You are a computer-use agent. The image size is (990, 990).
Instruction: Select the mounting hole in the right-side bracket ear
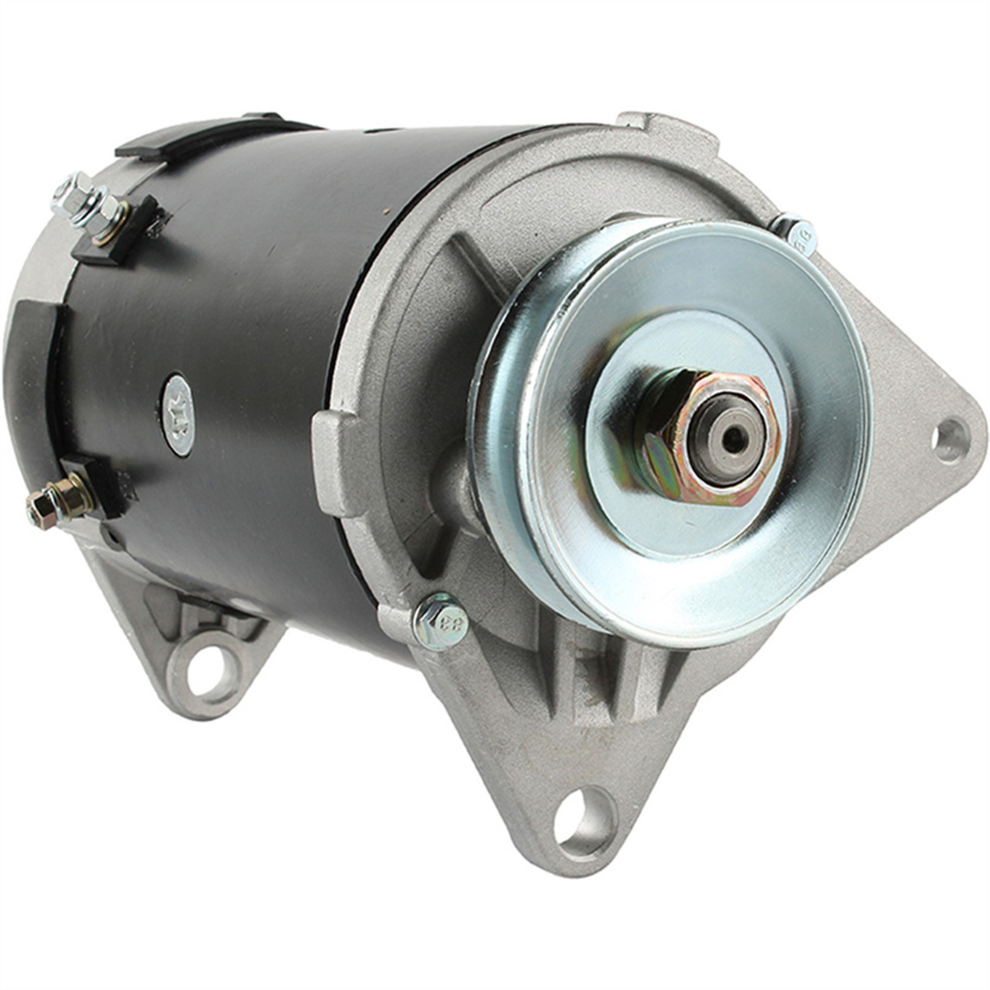(950, 440)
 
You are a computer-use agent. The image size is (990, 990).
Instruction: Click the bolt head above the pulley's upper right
(796, 232)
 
